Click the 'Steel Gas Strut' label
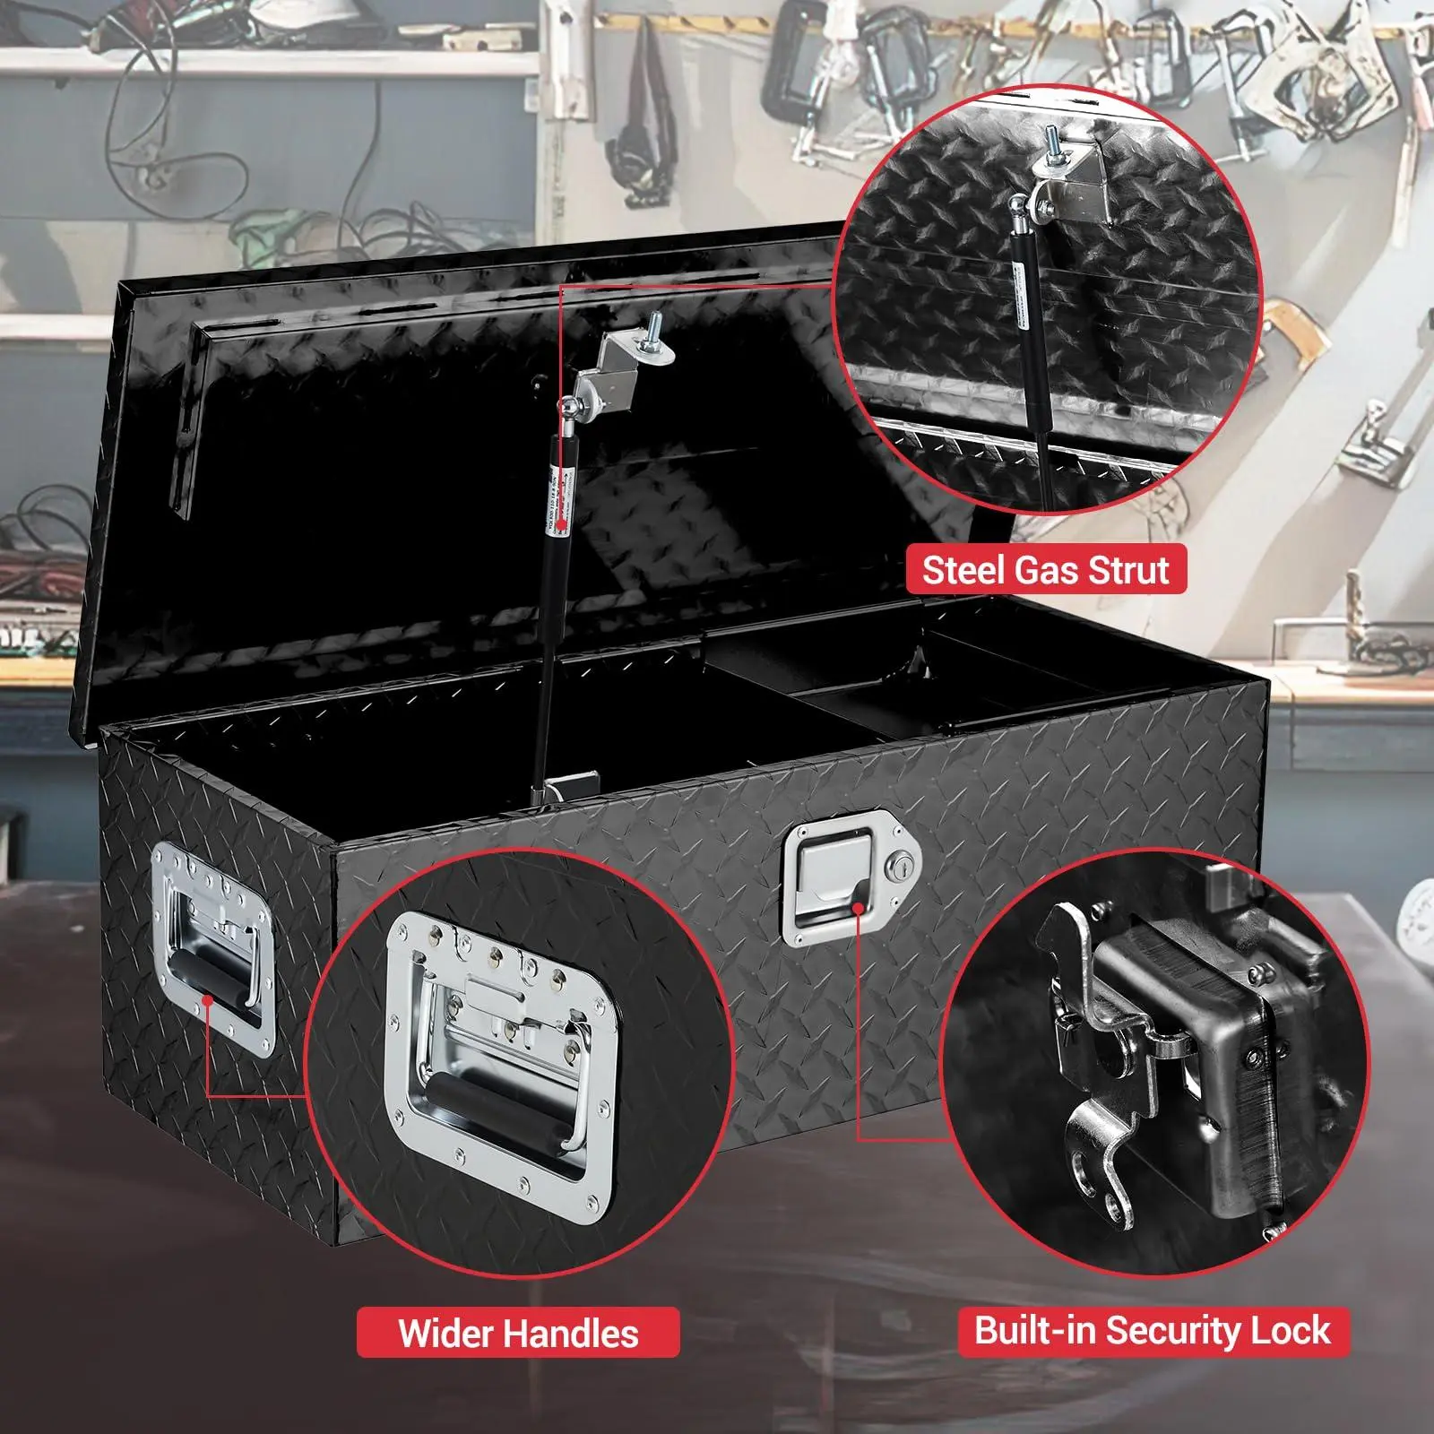pos(1045,570)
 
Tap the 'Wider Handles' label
pos(517,1332)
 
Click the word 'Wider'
pos(451,1333)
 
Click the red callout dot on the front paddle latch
pos(859,906)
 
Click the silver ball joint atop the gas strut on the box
pos(568,409)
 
